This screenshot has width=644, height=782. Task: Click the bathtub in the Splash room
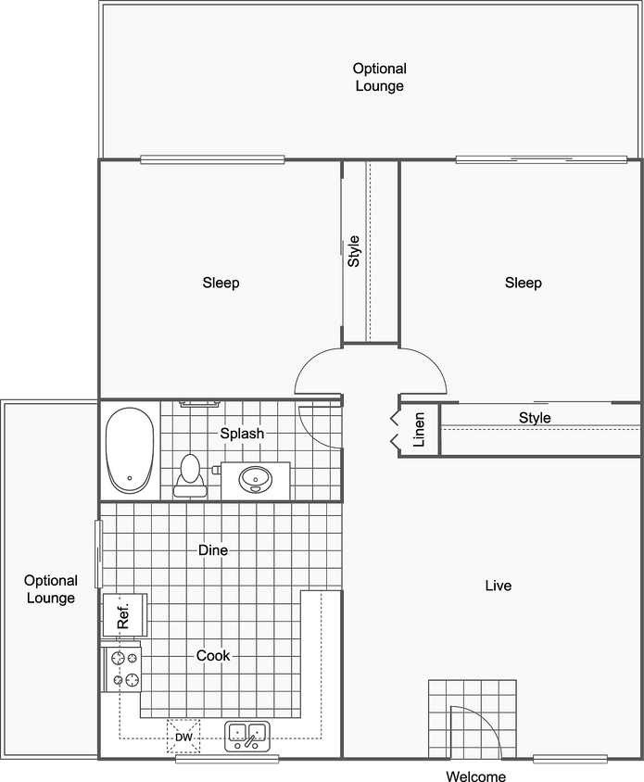point(129,450)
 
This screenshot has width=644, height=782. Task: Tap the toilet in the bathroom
point(190,473)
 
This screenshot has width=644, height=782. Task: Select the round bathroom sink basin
point(255,479)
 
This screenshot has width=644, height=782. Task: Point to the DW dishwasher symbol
point(183,738)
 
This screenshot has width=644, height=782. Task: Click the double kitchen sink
point(246,737)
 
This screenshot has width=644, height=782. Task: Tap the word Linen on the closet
point(419,429)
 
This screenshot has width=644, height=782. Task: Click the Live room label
point(498,586)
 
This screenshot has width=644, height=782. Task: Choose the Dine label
point(213,550)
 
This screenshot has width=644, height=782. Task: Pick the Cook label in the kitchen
point(213,655)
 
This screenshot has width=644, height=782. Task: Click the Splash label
point(242,433)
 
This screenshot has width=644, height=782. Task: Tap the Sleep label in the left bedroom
point(221,283)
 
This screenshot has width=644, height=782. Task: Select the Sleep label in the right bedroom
point(523,283)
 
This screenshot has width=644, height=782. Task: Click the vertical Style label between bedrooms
point(353,251)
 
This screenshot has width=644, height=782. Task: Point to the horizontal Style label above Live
point(535,418)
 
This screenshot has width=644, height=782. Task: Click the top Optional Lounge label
point(379,77)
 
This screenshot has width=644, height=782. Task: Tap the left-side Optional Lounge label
point(51,589)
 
